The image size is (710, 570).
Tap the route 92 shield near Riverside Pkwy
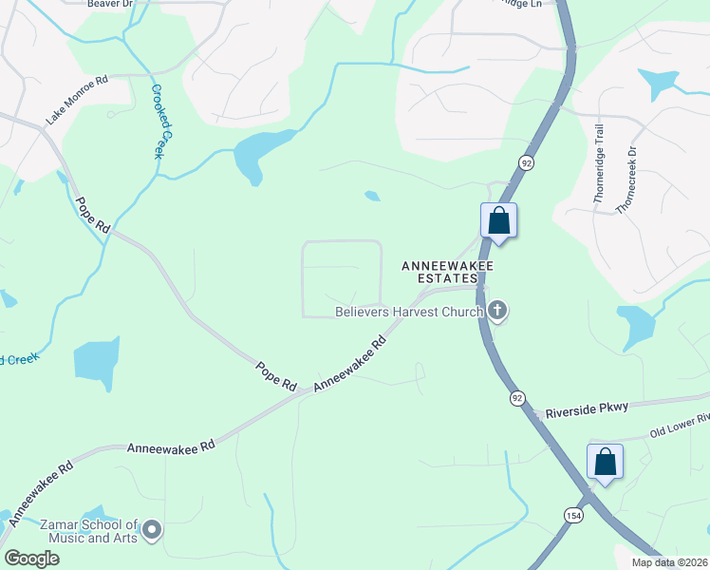pyautogui.click(x=516, y=396)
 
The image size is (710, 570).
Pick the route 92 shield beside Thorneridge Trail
pyautogui.click(x=525, y=163)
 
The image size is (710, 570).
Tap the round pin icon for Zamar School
pyautogui.click(x=152, y=529)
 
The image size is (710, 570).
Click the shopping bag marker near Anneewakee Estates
pyautogui.click(x=499, y=222)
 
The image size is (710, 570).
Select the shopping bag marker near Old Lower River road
pyautogui.click(x=605, y=463)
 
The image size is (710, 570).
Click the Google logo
pyautogui.click(x=31, y=559)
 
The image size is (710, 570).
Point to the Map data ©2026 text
pyautogui.click(x=670, y=562)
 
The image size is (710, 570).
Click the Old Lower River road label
pyautogui.click(x=680, y=426)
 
